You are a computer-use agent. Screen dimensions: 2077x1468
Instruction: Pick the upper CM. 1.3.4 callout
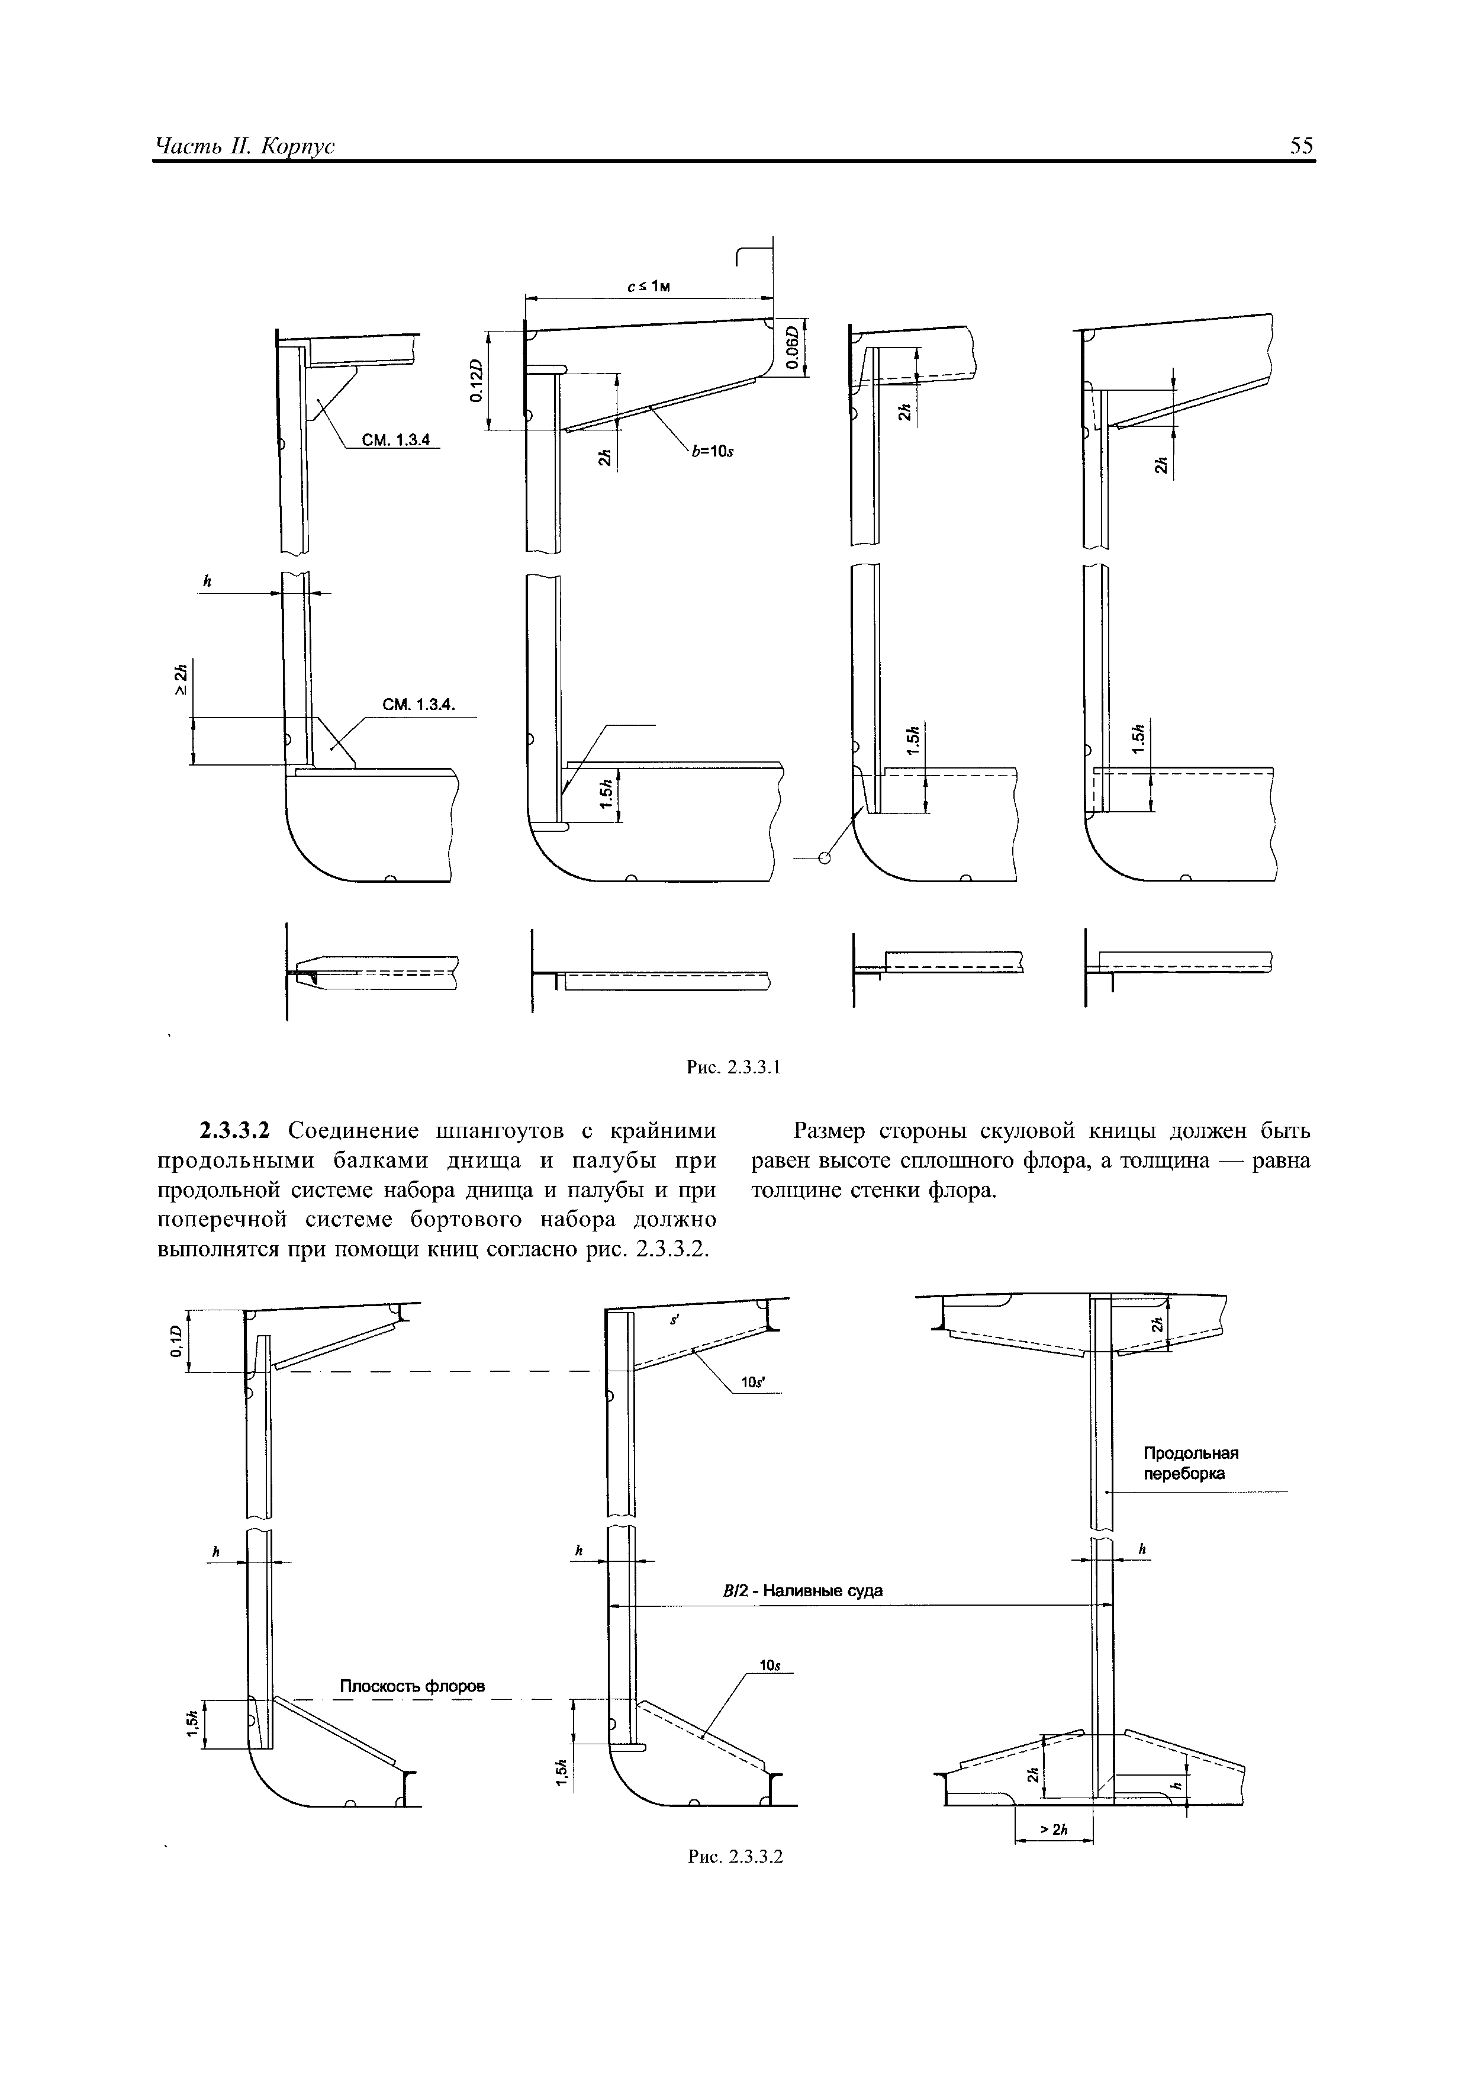click(396, 440)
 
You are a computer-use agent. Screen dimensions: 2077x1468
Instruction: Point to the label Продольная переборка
click(1190, 1463)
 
